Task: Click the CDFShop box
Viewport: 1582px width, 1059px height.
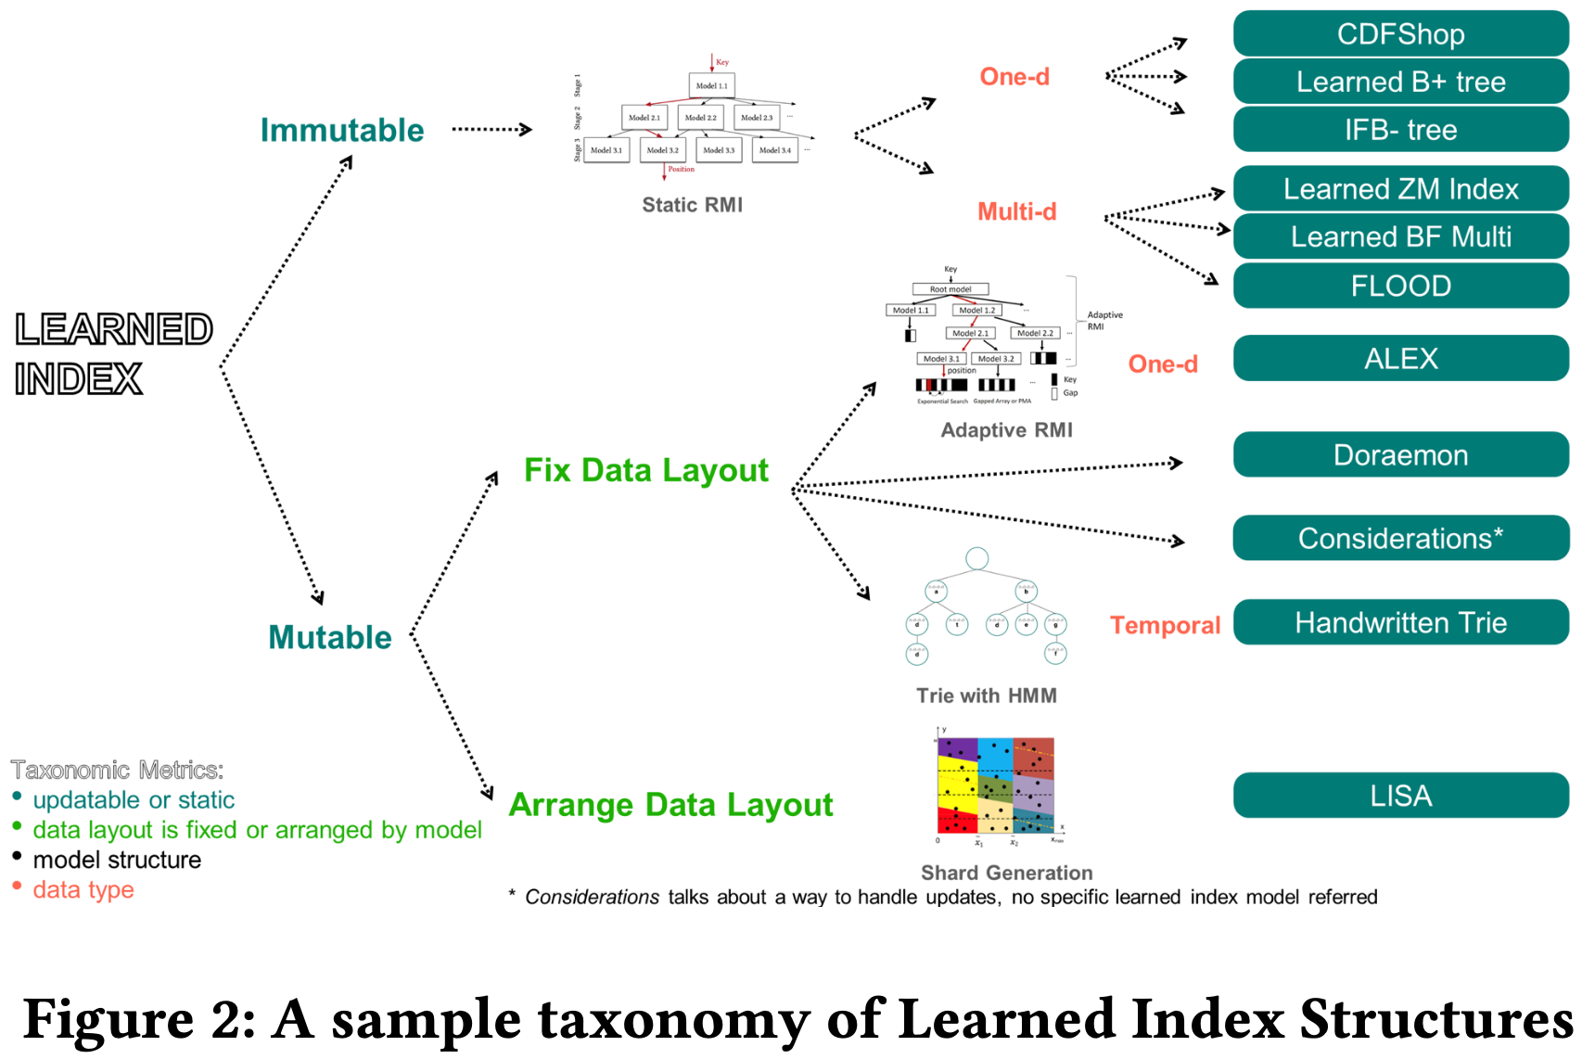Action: [1400, 34]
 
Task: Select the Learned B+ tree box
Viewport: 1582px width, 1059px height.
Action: [1400, 83]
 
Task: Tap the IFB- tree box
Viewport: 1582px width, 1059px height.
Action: [1400, 130]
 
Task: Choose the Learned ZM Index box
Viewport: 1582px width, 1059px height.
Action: [1400, 189]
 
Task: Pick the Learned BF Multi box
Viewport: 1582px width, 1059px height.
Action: [1400, 237]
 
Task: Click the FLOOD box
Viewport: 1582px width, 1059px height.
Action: [1400, 286]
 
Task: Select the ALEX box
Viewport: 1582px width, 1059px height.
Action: [1400, 359]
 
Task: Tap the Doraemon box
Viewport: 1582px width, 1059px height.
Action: [1400, 455]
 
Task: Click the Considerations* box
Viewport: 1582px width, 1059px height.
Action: [1400, 539]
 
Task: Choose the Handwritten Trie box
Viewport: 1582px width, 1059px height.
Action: [1400, 622]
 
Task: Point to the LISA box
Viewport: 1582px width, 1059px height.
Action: [1400, 796]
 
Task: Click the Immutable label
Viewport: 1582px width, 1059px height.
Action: [341, 131]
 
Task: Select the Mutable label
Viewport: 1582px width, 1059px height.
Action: [329, 638]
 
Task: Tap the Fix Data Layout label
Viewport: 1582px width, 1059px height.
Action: [645, 471]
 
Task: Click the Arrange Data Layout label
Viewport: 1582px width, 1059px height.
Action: [670, 805]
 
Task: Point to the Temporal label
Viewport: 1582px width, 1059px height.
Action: [1165, 626]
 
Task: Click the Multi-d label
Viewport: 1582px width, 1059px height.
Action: [1016, 212]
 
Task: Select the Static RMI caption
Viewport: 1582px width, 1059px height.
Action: [692, 205]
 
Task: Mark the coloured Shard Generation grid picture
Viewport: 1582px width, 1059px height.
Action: [996, 785]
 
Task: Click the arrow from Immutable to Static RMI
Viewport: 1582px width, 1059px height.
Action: [491, 130]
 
